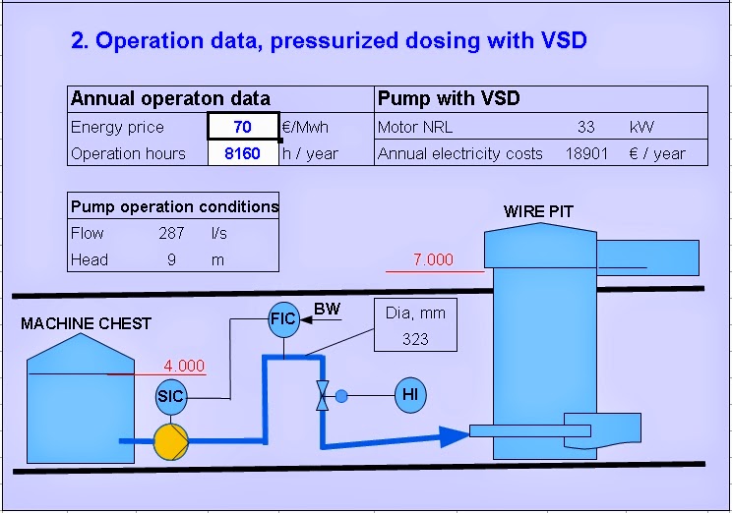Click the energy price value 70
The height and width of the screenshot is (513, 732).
point(242,127)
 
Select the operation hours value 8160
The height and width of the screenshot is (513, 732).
point(242,153)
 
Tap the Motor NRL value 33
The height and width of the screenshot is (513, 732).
point(585,127)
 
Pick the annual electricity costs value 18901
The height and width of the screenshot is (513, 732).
point(586,153)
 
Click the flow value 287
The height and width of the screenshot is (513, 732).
point(171,233)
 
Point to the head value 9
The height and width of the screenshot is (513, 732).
point(171,259)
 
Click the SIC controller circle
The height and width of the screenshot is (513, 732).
point(171,396)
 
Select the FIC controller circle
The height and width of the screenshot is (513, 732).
point(283,319)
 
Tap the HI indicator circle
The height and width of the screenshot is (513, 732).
point(410,395)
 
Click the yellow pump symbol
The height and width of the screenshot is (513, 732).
point(171,441)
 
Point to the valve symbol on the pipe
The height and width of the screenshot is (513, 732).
point(322,395)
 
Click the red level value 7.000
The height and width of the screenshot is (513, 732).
point(433,259)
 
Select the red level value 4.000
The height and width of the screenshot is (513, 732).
point(184,366)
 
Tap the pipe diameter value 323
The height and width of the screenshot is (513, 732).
point(415,339)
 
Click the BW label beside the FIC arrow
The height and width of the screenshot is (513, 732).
point(328,309)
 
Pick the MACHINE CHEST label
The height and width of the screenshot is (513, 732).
point(87,323)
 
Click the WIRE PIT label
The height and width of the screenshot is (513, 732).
point(538,211)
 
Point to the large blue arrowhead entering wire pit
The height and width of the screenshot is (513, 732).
point(455,436)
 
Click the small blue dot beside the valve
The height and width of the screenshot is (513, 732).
point(341,396)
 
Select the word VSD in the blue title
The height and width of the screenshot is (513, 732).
point(565,40)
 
